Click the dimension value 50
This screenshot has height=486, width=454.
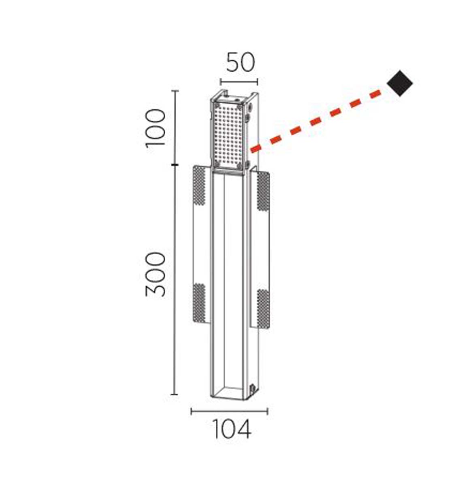coord(241,62)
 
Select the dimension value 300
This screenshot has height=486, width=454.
coord(156,275)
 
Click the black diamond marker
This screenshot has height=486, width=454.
coord(400,83)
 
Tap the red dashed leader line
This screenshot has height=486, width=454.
coord(315,121)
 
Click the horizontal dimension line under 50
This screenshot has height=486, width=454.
coord(239,81)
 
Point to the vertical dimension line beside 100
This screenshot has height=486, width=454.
coord(175,128)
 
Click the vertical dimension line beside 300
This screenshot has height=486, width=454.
coord(174,280)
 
